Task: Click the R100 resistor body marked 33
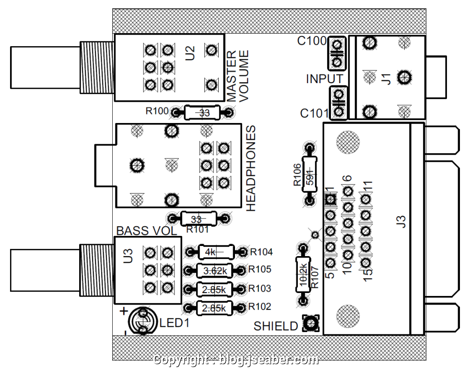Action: [202, 113]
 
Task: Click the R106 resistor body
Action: [310, 173]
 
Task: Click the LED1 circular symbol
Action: [142, 321]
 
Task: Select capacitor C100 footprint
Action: [337, 53]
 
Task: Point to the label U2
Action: [190, 53]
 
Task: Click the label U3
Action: [128, 256]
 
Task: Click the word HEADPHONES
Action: [251, 168]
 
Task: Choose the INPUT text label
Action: [324, 79]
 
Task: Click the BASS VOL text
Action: [147, 231]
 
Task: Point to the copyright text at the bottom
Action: [235, 360]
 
